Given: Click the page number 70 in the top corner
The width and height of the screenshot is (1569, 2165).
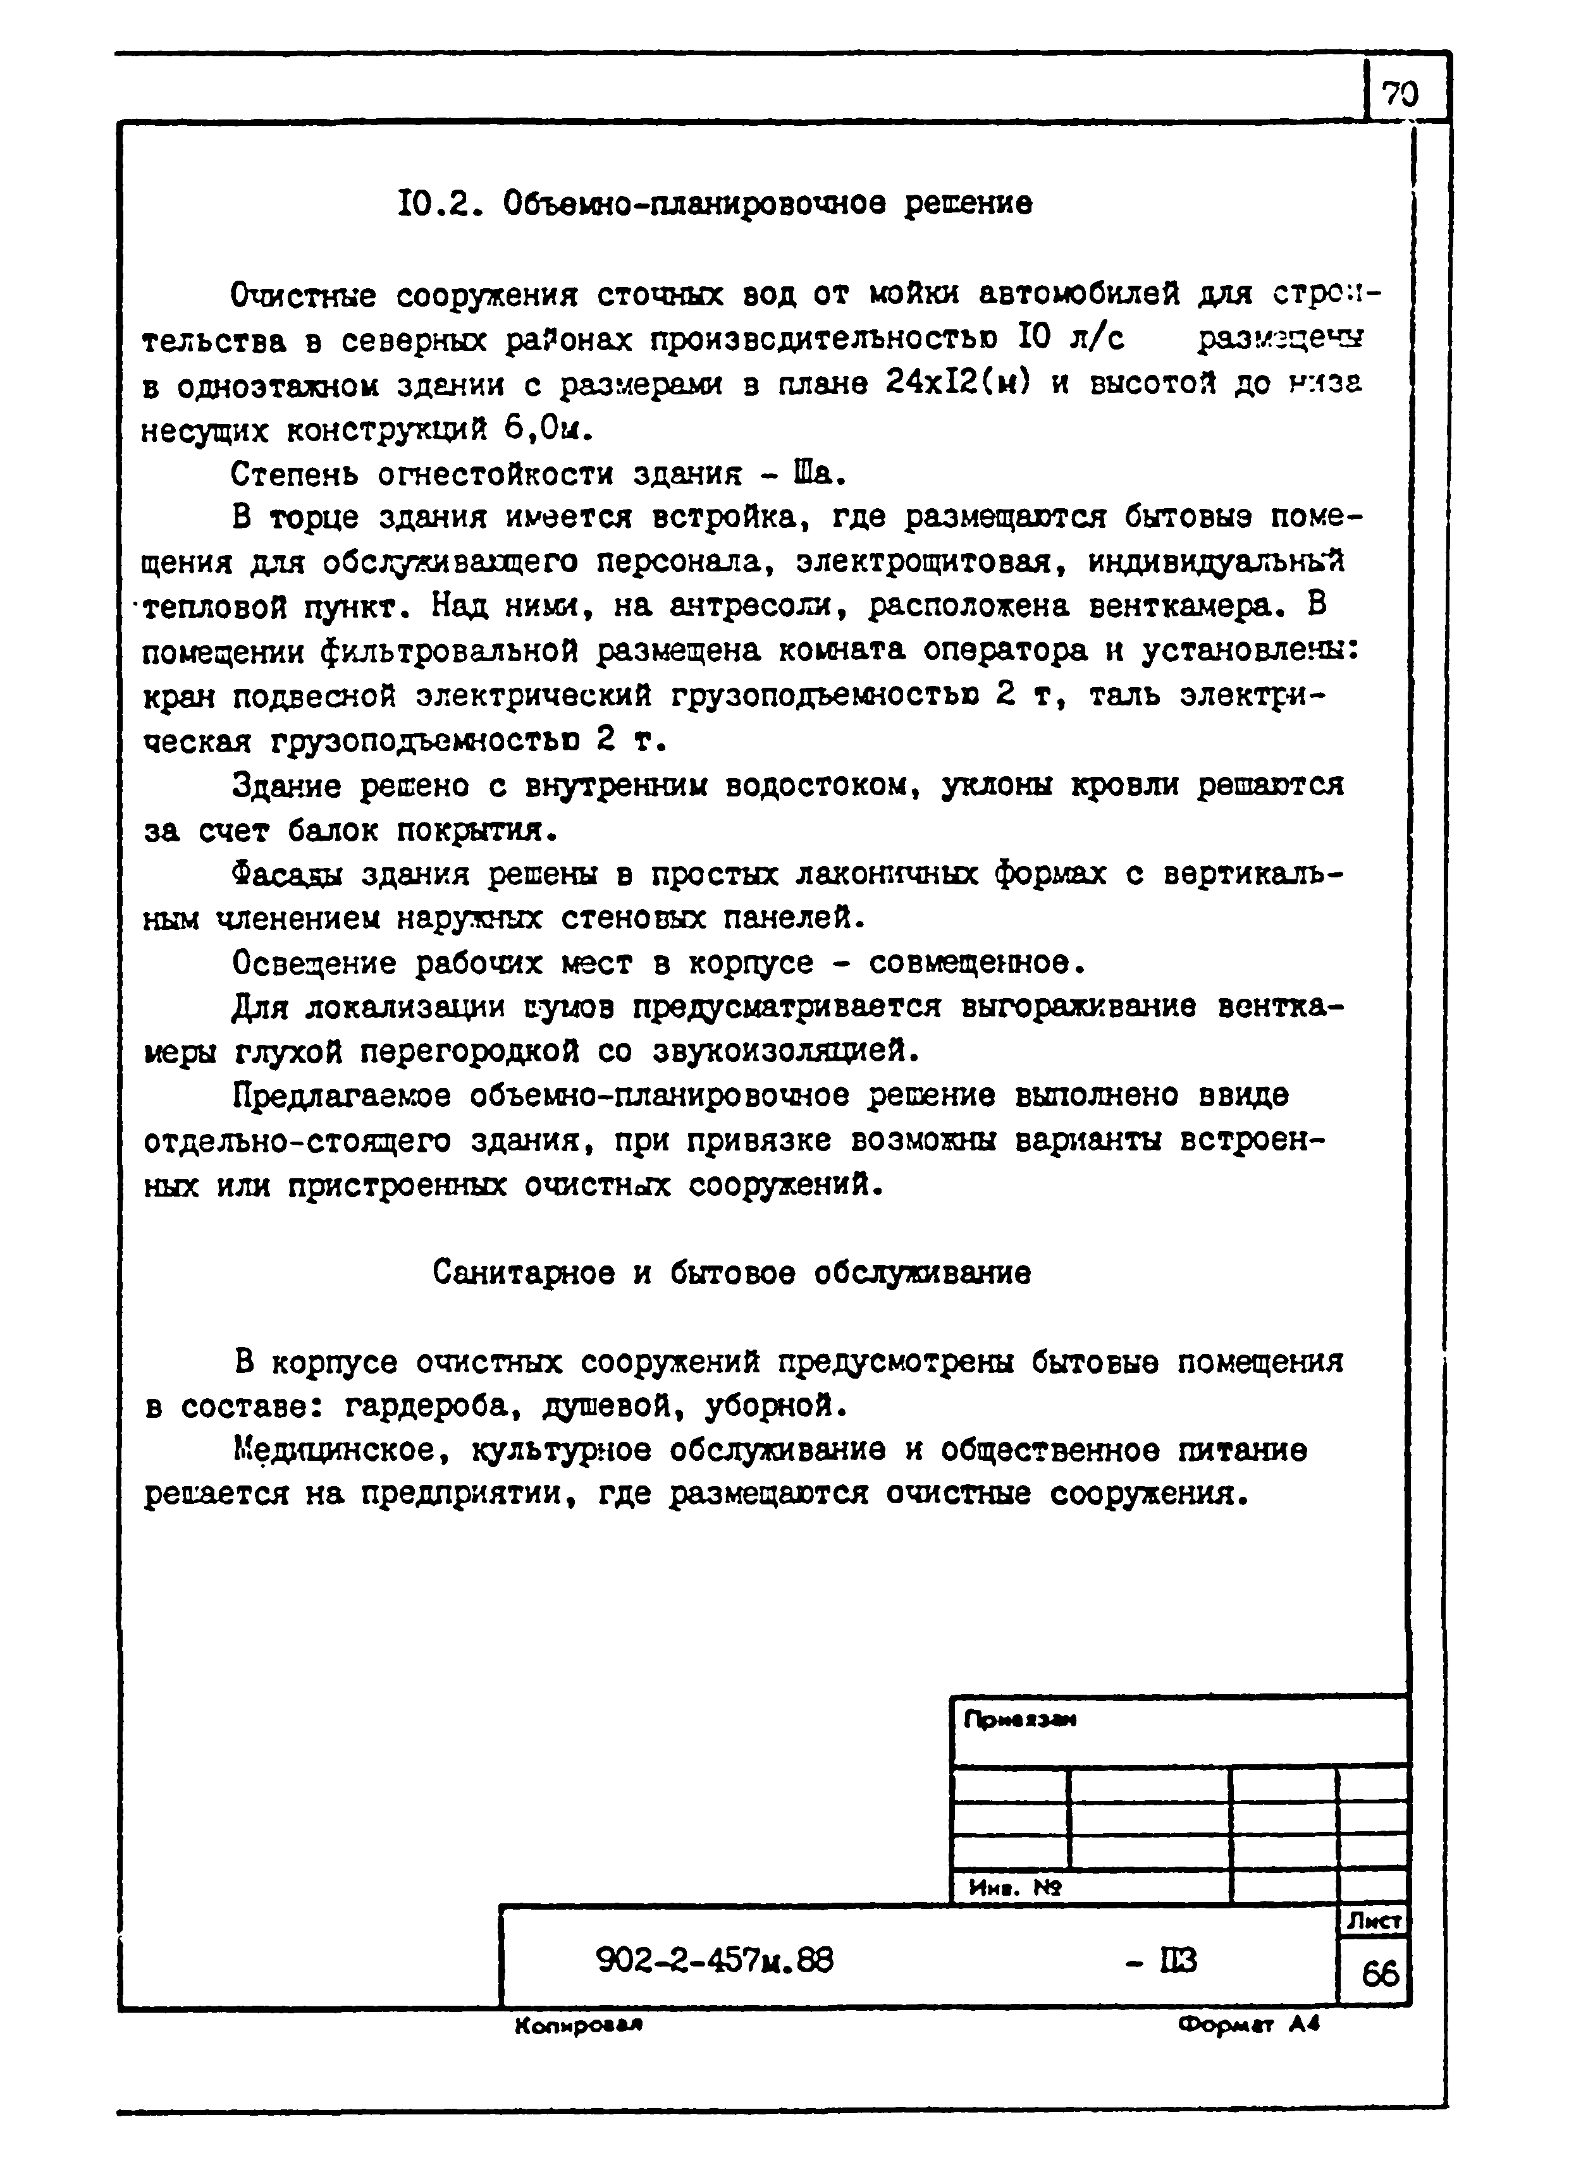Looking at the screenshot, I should point(1400,95).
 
